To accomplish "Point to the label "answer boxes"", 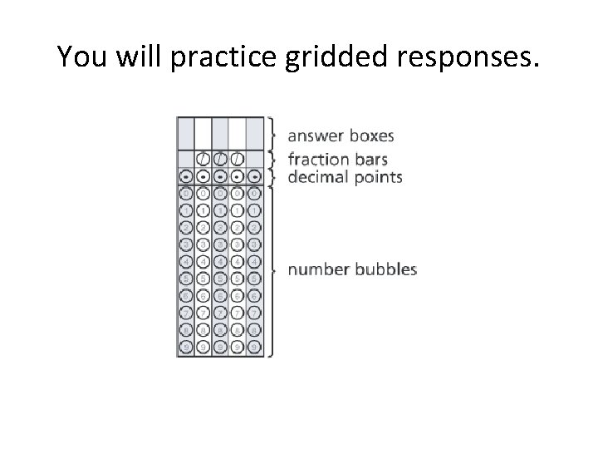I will [x=329, y=136].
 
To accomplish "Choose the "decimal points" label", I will [x=333, y=176].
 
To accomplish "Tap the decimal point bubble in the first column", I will [x=185, y=177].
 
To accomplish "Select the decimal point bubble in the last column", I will [x=254, y=177].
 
